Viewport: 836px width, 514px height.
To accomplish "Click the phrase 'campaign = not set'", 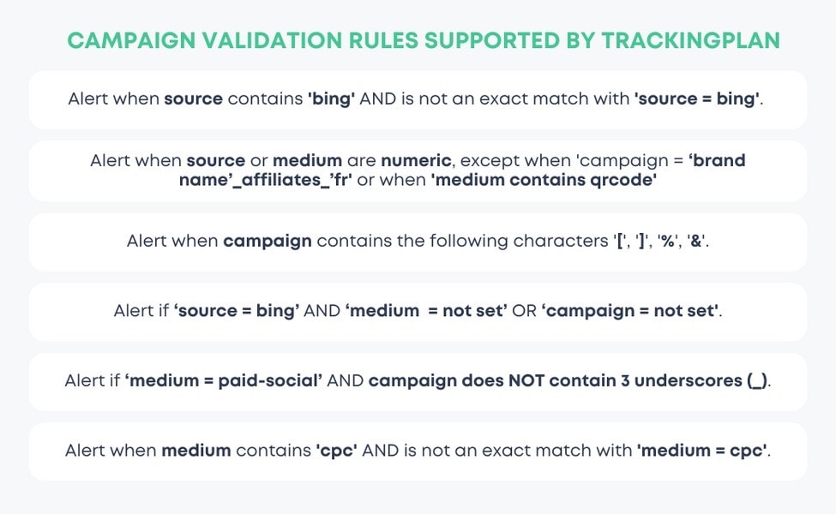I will (630, 311).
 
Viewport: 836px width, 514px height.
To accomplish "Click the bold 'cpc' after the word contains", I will (336, 451).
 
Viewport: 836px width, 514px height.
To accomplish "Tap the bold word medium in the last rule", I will (190, 451).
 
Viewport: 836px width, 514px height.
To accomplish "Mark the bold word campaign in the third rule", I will (267, 242).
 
